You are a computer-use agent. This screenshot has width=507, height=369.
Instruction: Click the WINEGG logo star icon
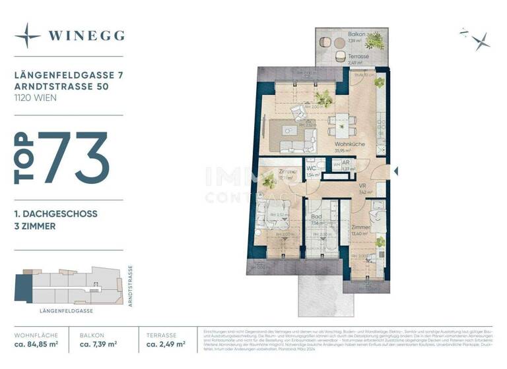click(x=28, y=36)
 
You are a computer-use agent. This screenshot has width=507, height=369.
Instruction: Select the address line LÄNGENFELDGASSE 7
click(x=65, y=76)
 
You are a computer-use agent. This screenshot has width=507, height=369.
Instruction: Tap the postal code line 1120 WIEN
click(x=35, y=98)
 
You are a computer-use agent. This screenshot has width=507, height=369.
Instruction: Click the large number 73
click(x=73, y=157)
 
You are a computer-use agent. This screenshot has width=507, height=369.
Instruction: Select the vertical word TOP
click(x=24, y=157)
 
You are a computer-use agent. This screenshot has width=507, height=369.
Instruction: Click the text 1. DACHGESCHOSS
click(x=55, y=214)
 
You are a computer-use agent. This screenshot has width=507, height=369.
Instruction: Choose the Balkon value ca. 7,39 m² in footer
click(x=98, y=344)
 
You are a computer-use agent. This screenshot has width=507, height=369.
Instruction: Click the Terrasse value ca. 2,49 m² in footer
click(x=165, y=344)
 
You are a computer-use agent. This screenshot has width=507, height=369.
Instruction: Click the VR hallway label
click(x=362, y=186)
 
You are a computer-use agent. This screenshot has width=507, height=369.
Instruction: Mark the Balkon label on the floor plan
click(x=357, y=34)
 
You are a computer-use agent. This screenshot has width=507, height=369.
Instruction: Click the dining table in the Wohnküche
click(x=341, y=123)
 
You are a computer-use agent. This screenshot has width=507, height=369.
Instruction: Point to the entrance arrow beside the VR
click(x=395, y=171)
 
